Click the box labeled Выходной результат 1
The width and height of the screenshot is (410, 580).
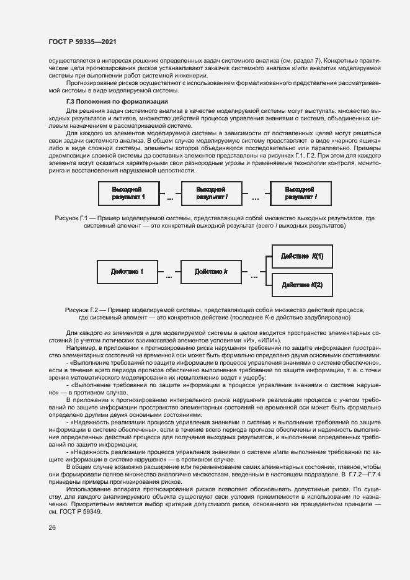(x=128, y=193)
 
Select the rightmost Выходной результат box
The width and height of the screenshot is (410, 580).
(x=301, y=193)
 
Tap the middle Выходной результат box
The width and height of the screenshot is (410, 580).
(x=210, y=193)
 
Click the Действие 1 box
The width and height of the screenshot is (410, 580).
(x=127, y=272)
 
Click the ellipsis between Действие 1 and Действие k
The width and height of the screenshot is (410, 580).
(x=169, y=277)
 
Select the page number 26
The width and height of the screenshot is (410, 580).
(x=53, y=527)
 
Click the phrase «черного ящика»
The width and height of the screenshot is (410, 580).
(x=362, y=141)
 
